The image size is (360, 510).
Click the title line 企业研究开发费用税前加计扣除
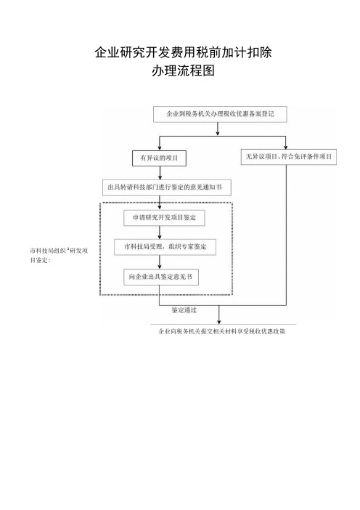pyautogui.click(x=183, y=52)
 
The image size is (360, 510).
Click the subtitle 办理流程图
pyautogui.click(x=183, y=70)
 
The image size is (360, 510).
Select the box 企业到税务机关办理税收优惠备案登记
pyautogui.click(x=220, y=114)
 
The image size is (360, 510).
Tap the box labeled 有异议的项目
pyautogui.click(x=159, y=158)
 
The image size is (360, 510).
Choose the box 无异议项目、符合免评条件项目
pyautogui.click(x=289, y=157)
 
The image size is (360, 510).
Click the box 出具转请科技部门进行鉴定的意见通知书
pyautogui.click(x=167, y=187)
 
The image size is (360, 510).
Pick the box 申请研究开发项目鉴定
pyautogui.click(x=164, y=218)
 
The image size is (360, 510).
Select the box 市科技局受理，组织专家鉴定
pyautogui.click(x=165, y=247)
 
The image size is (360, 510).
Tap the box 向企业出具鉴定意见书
pyautogui.click(x=161, y=277)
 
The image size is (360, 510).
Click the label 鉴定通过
pyautogui.click(x=184, y=310)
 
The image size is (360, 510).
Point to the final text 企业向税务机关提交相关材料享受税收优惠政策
pyautogui.click(x=222, y=331)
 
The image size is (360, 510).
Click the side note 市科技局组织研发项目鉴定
pyautogui.click(x=59, y=255)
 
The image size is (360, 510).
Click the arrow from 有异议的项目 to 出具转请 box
pyautogui.click(x=160, y=173)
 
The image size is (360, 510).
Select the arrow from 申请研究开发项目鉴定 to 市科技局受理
pyautogui.click(x=160, y=232)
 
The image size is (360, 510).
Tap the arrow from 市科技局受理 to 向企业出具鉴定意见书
pyautogui.click(x=160, y=262)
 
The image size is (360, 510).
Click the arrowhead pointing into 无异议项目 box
pyautogui.click(x=286, y=147)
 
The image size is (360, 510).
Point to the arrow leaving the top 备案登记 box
pyautogui.click(x=218, y=129)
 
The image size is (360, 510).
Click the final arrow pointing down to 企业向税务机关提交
pyautogui.click(x=218, y=315)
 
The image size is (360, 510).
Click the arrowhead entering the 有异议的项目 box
pyautogui.click(x=159, y=148)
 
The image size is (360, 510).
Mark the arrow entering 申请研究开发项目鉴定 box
pyautogui.click(x=160, y=203)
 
